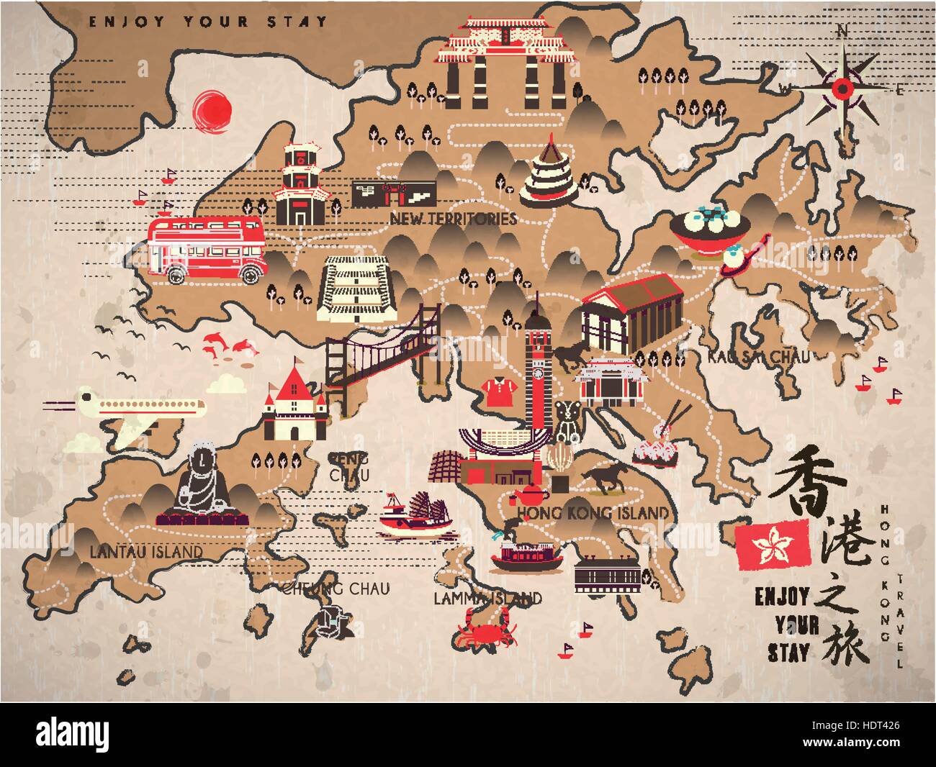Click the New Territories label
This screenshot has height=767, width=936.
click(452, 218)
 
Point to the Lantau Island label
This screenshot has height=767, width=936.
click(146, 551)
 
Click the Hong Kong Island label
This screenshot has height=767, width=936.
click(593, 513)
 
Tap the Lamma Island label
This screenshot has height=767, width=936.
click(488, 597)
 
